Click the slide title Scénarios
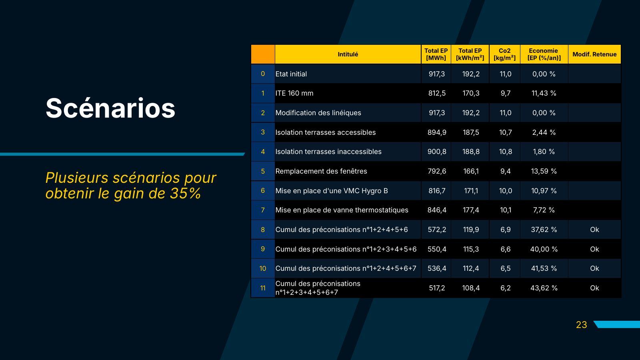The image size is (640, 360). [110, 108]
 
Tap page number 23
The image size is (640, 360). [582, 325]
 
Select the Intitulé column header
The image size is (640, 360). [348, 54]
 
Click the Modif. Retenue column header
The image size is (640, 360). [594, 54]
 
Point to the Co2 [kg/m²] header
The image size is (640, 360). [504, 54]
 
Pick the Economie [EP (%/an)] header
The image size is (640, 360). [544, 54]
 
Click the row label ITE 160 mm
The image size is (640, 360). [294, 93]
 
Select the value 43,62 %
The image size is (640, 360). [544, 288]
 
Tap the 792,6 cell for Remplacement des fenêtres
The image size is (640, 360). [437, 171]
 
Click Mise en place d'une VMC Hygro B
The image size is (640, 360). [332, 190]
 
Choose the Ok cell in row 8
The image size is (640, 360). [594, 230]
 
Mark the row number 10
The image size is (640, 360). [262, 268]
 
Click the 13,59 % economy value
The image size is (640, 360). [544, 171]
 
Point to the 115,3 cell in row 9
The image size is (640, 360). [471, 249]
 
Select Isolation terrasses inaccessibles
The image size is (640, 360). [328, 152]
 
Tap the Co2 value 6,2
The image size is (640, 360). [505, 288]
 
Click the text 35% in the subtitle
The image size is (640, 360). [186, 193]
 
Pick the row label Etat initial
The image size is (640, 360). [291, 74]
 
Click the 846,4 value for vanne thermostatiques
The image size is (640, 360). [437, 210]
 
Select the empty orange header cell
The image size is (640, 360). [263, 54]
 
